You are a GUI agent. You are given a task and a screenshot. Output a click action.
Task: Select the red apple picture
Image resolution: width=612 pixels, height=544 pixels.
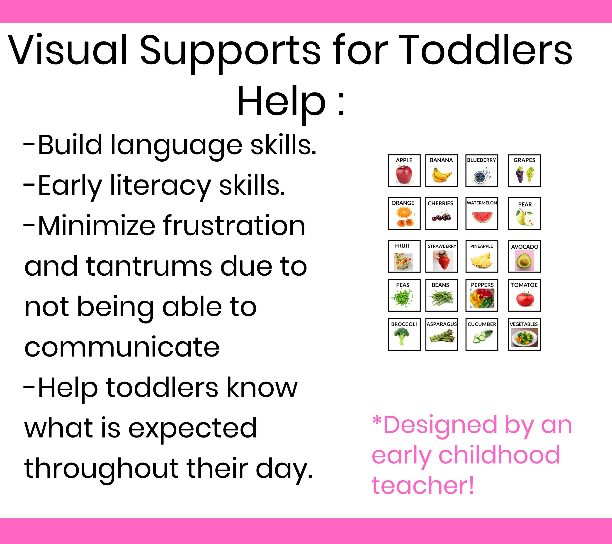point(404,174)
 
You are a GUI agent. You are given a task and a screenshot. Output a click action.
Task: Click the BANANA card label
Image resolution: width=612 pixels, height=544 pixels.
point(441,160)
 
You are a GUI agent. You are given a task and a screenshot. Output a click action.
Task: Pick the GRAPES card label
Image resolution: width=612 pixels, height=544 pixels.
point(524,160)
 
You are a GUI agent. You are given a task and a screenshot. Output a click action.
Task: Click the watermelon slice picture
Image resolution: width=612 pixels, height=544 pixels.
point(482,217)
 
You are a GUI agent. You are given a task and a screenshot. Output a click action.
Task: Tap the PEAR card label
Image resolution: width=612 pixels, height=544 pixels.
point(525,204)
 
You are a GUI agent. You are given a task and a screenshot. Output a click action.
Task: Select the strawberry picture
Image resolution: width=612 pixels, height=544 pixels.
point(442,260)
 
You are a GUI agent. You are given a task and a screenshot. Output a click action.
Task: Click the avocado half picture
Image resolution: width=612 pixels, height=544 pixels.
point(524,261)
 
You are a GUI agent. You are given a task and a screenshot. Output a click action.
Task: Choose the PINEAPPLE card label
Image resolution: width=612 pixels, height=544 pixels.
point(481,246)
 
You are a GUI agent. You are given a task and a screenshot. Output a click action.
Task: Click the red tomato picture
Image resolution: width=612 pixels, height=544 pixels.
point(525,299)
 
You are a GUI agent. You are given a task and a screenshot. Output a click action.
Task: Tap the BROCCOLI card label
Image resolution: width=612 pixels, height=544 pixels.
point(404,324)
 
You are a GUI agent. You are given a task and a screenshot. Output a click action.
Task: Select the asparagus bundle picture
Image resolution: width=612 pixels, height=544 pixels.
point(442,336)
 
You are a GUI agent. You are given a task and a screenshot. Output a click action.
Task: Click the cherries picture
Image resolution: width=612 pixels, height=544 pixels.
point(441,216)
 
